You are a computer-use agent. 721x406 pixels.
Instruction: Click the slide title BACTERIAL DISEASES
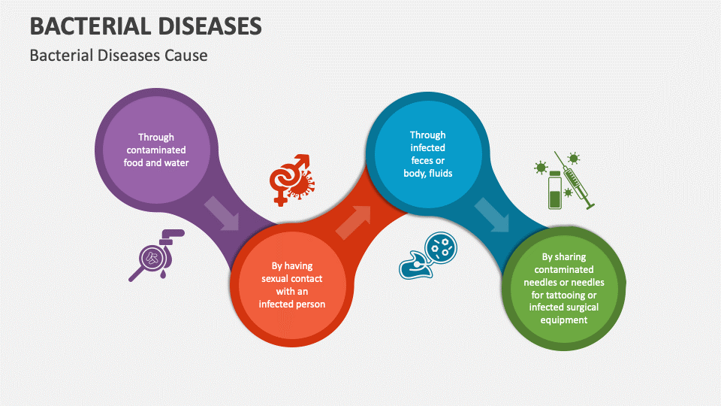(146, 26)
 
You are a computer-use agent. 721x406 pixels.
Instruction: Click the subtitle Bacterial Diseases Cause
(118, 56)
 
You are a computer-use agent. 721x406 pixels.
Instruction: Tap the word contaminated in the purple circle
(155, 150)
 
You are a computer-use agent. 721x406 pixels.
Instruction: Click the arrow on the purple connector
(222, 213)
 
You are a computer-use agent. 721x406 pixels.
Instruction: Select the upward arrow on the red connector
(353, 222)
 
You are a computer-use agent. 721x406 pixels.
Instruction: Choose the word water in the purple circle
(176, 162)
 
